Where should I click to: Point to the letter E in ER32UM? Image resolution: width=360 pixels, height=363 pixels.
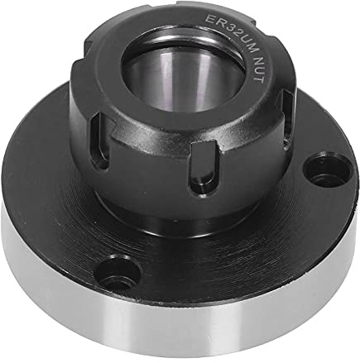(209, 19)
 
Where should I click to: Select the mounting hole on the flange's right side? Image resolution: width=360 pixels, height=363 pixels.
(327, 170)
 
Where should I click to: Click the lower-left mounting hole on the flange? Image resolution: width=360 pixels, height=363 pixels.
(119, 272)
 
